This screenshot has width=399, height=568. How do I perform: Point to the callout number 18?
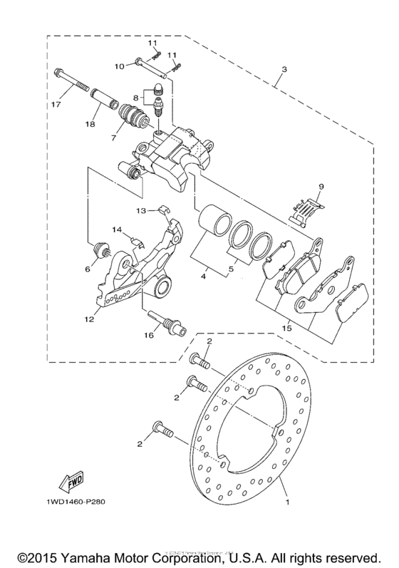90,125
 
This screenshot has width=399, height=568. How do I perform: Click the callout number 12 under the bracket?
88,319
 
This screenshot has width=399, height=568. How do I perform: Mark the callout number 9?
321,187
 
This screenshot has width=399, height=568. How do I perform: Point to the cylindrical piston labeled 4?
212,220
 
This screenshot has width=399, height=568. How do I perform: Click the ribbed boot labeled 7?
133,117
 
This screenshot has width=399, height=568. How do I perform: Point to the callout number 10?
120,66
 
